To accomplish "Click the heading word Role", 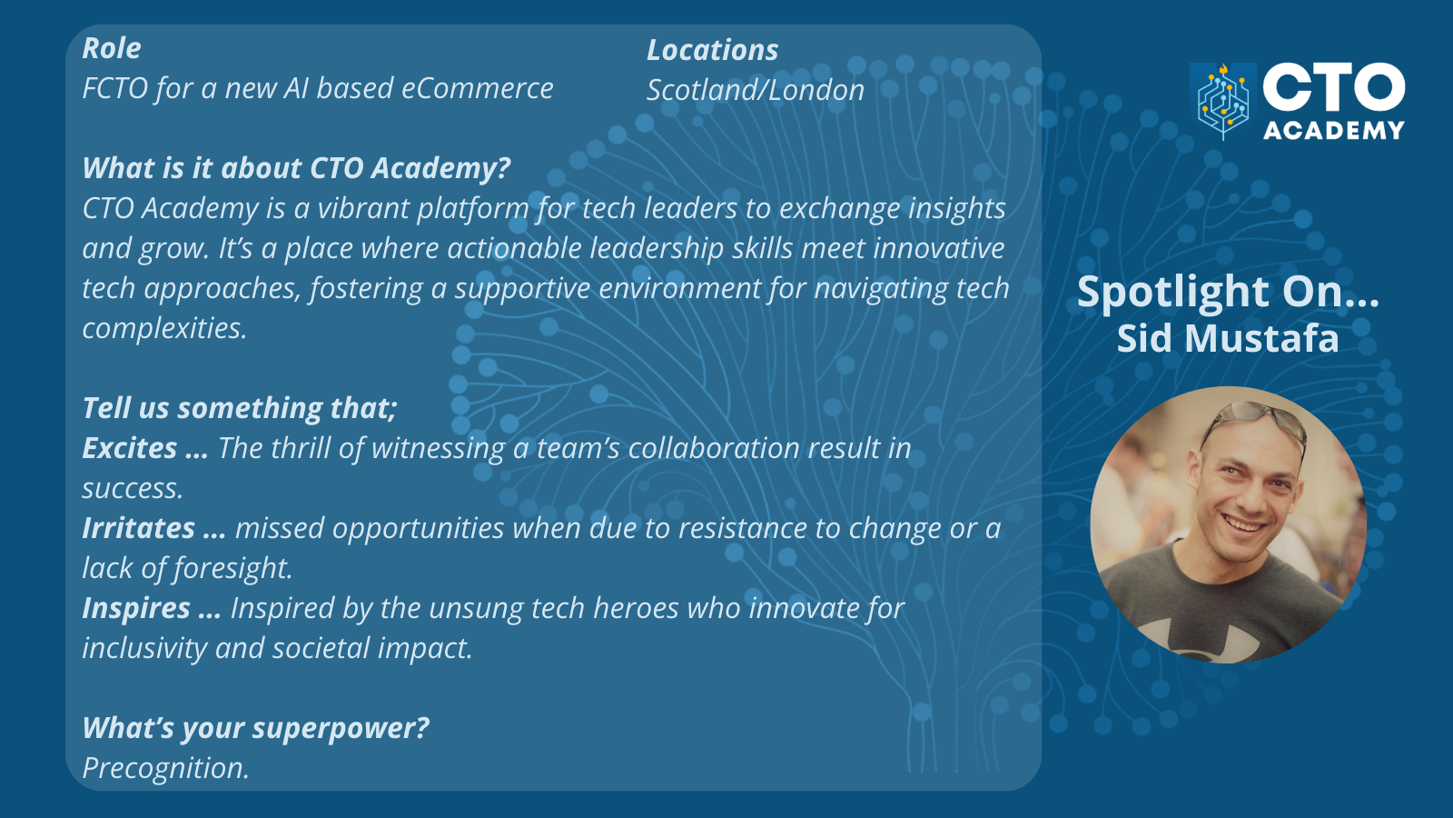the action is [112, 49].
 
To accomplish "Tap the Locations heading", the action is [712, 51].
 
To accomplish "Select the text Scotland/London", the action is [756, 90].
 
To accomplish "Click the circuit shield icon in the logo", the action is [1222, 101].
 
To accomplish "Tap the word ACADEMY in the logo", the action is [1334, 131].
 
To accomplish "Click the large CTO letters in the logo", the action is [1334, 88].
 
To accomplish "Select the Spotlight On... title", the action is [1228, 292].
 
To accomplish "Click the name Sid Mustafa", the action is [1228, 338].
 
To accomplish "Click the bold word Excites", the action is [129, 448].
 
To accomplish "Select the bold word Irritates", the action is [138, 528].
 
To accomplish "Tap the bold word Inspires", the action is [136, 608].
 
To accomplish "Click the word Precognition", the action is [165, 769].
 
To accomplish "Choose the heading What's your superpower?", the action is [255, 728].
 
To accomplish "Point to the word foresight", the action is [233, 569].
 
